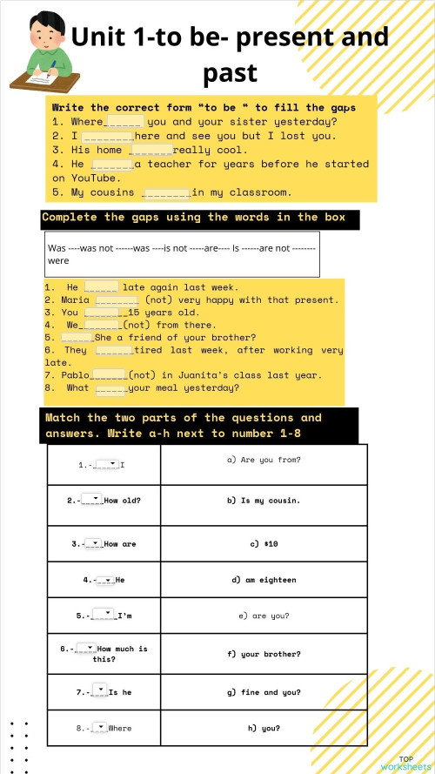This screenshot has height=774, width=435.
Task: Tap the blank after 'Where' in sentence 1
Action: point(124,122)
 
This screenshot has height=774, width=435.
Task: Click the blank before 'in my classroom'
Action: point(165,192)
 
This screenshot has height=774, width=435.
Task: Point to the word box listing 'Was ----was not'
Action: point(182,253)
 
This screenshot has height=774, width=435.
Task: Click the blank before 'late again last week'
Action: point(101,287)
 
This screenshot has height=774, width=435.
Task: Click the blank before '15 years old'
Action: point(101,313)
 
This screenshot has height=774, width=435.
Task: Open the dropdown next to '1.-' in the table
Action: point(106,464)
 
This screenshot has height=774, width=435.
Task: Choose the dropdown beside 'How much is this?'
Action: point(85,648)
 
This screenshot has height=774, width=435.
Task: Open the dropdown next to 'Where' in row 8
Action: point(97,726)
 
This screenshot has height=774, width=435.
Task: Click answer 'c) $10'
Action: point(264,544)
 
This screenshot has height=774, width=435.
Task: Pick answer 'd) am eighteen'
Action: point(264,580)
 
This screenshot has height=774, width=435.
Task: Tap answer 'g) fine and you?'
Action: point(264,692)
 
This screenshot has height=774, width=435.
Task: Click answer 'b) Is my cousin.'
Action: point(264,501)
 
